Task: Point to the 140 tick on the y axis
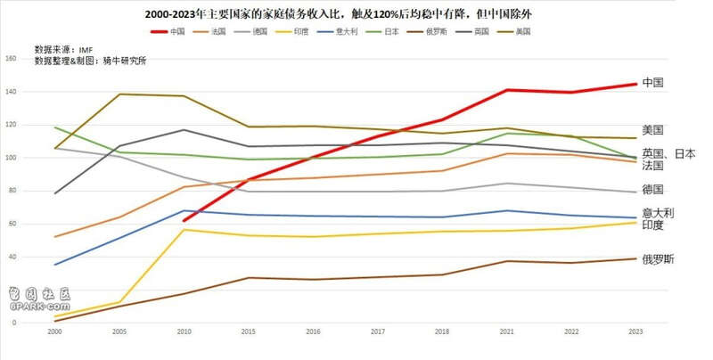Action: pos(11,93)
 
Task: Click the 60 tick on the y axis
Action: pos(12,224)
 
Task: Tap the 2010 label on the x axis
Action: pos(184,331)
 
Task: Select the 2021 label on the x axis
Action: pos(507,331)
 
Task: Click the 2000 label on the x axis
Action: pos(55,331)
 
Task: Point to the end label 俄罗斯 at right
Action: pos(658,259)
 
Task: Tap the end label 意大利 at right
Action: pos(658,213)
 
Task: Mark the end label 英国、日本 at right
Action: pos(668,153)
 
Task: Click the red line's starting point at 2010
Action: pos(184,220)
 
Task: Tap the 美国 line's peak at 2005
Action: pos(120,94)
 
